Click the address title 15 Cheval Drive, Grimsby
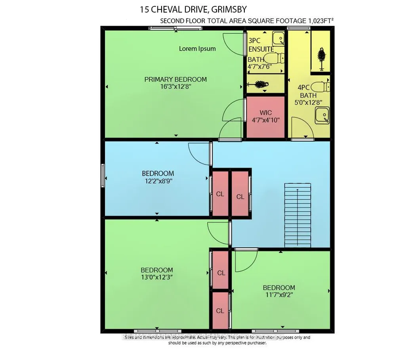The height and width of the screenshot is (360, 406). [x=193, y=10]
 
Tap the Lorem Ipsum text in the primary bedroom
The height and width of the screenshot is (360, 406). [x=197, y=49]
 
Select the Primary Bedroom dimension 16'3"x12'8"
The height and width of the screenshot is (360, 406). [x=175, y=86]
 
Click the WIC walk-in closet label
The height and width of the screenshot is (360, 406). [x=266, y=113]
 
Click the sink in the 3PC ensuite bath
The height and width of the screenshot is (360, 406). [x=278, y=39]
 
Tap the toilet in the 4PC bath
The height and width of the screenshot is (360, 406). [x=320, y=87]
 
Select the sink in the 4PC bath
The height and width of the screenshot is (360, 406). [x=322, y=115]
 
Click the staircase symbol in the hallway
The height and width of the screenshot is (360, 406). [x=297, y=215]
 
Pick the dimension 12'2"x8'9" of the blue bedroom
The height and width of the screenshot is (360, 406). [x=158, y=181]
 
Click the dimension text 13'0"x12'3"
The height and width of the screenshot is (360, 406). [x=157, y=277]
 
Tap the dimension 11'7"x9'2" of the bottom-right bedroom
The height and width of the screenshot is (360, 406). [x=279, y=295]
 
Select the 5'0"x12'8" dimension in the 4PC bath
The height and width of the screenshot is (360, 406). [x=309, y=103]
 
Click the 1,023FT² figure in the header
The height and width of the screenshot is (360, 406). [x=320, y=21]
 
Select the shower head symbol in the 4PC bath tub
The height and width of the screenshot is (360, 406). [x=322, y=59]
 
